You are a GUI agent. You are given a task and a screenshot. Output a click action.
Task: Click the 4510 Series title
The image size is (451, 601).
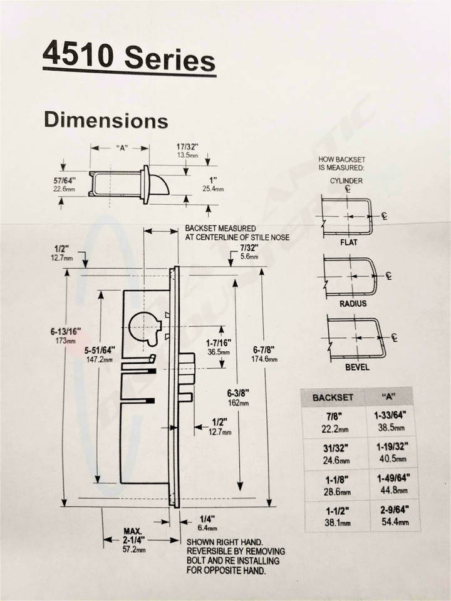point(128,59)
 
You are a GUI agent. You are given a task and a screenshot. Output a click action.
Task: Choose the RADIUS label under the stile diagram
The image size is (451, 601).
point(353,304)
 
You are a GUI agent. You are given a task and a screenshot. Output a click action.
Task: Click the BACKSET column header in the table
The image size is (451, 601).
point(333,398)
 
